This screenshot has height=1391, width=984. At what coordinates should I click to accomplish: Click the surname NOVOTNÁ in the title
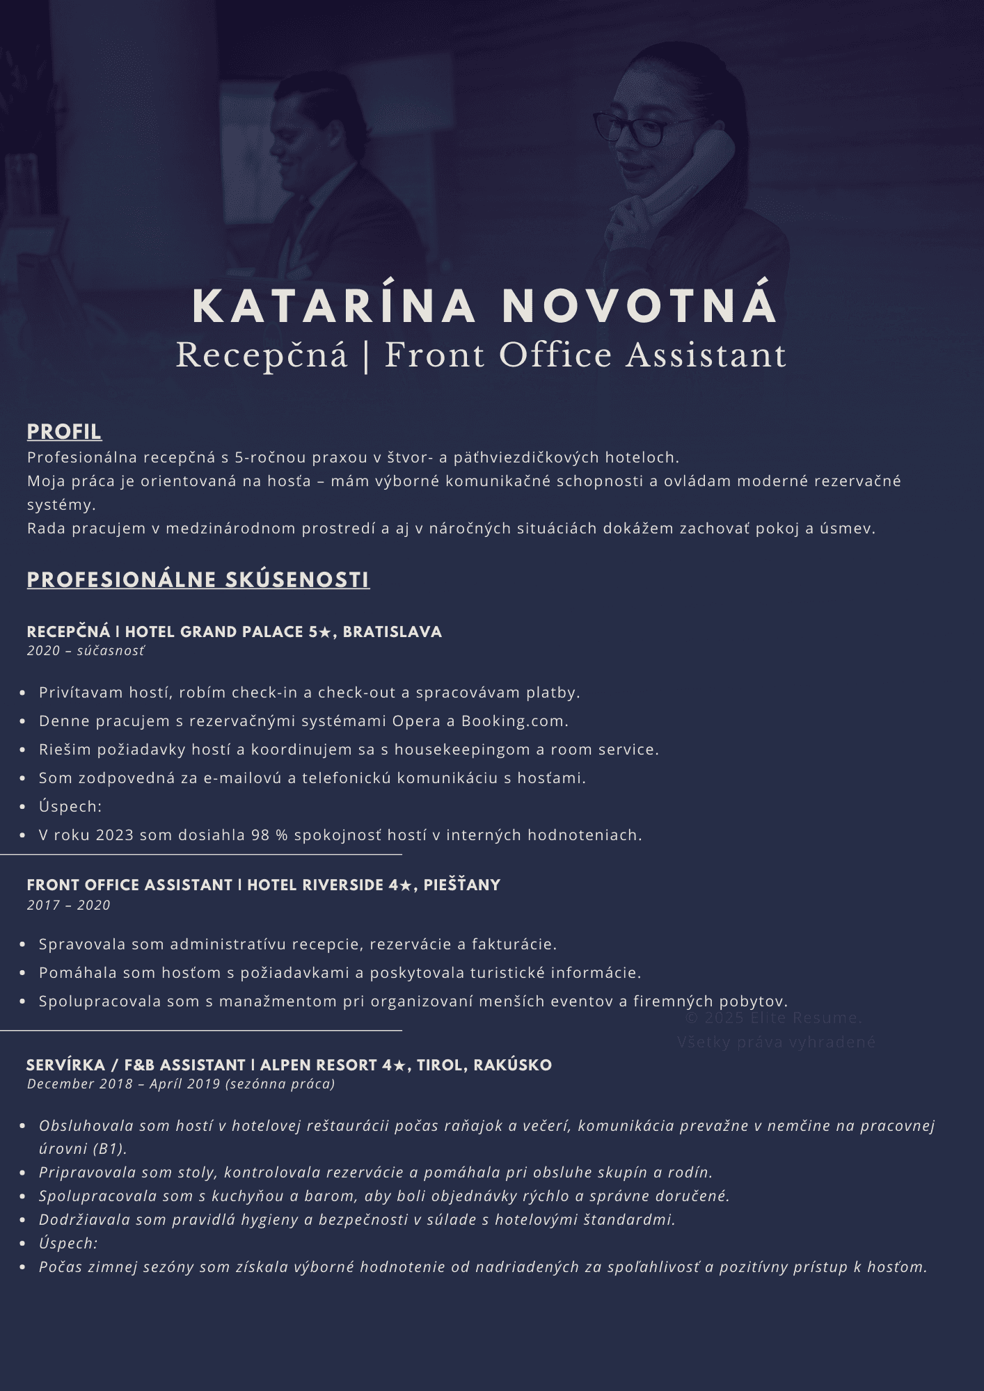click(639, 306)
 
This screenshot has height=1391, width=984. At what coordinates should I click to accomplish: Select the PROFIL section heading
click(64, 432)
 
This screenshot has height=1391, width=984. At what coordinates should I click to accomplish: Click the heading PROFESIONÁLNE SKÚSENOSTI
click(198, 580)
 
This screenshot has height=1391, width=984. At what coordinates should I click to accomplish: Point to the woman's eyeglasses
click(630, 129)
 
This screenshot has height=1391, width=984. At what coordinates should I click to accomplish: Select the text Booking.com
click(514, 721)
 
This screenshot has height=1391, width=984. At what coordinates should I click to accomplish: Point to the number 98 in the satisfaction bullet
click(260, 835)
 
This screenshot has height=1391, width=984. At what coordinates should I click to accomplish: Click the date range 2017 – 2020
click(69, 906)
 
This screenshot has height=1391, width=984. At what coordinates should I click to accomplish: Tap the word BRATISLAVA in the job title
click(392, 632)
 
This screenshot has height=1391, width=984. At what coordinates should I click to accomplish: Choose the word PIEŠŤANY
click(462, 885)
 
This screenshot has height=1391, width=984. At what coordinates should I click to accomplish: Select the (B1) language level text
click(109, 1149)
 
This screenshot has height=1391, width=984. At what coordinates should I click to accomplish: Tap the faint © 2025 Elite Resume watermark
click(773, 1018)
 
